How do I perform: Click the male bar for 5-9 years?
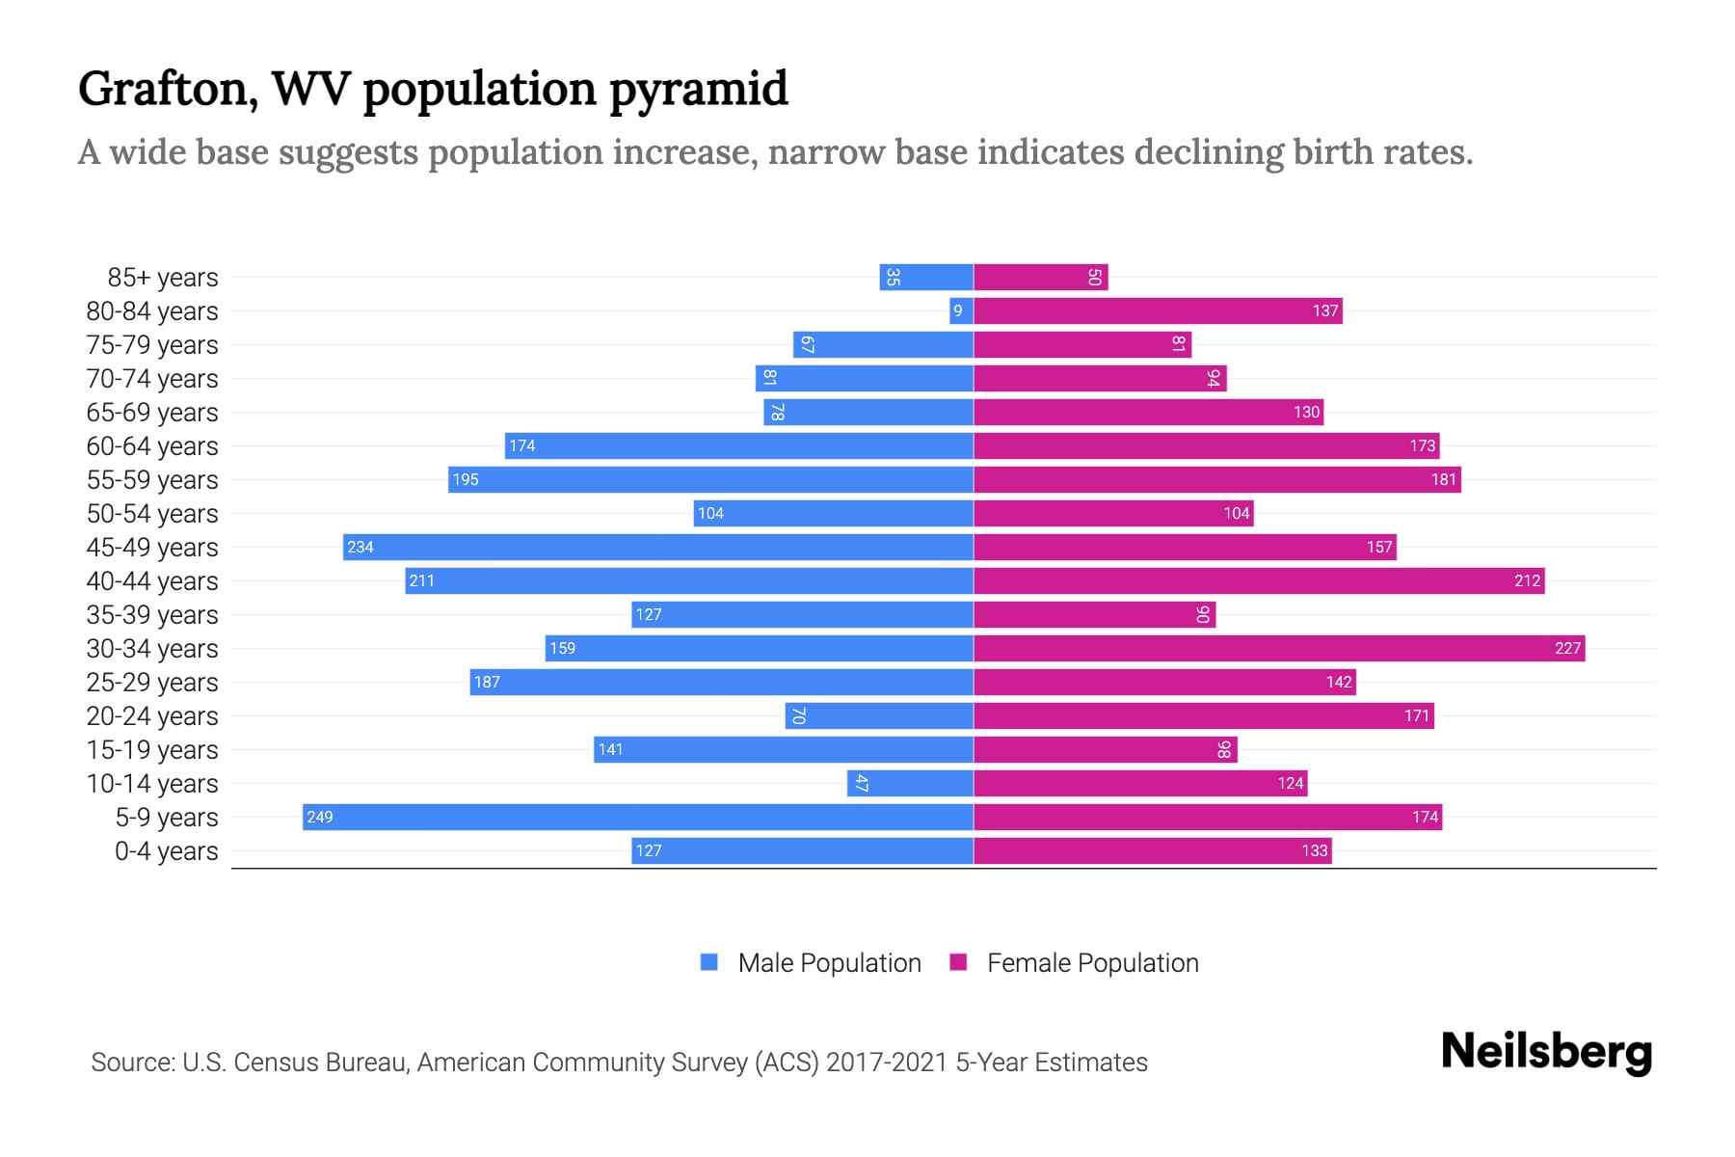[636, 817]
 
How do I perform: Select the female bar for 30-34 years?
[1278, 648]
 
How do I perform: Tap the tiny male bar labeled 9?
[961, 310]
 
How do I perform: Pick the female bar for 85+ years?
[1040, 277]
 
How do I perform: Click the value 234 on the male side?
[360, 547]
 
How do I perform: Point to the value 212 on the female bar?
[1527, 580]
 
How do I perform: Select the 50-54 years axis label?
[152, 513]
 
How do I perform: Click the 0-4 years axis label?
[166, 850]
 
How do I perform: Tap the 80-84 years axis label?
[152, 310]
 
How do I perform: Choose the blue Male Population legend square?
[709, 962]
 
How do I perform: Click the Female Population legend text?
[1092, 962]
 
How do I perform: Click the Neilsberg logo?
[1546, 1052]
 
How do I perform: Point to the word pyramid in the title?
[699, 89]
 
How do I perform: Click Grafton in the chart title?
[167, 89]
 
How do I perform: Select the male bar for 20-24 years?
[879, 715]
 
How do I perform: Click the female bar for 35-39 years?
[1094, 614]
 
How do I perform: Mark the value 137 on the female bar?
[1324, 310]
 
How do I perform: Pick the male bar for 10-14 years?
[910, 783]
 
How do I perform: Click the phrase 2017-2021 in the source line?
[887, 1062]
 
